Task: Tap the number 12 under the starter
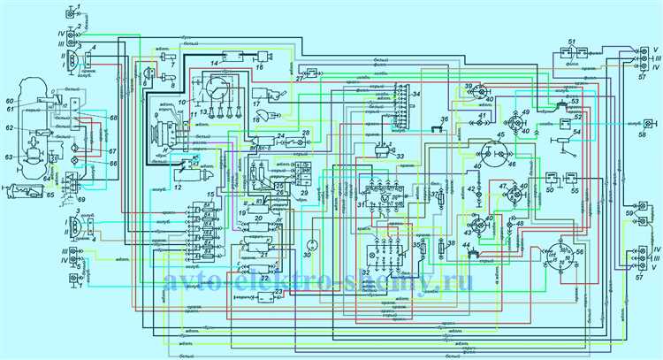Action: click(x=178, y=188)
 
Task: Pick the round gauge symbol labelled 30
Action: click(x=310, y=243)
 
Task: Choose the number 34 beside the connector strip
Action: click(x=416, y=94)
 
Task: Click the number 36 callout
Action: click(x=444, y=119)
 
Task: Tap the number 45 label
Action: click(x=500, y=135)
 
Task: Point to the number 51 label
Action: click(x=573, y=43)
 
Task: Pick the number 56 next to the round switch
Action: click(x=579, y=251)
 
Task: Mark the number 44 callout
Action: click(x=468, y=254)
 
